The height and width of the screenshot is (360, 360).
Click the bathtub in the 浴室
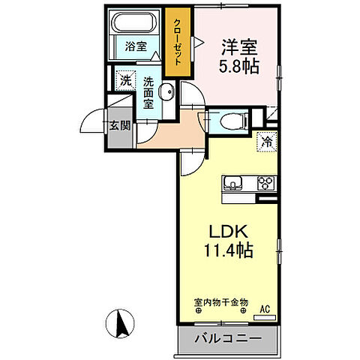pyautogui.click(x=135, y=22)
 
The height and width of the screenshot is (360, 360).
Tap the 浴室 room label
pyautogui.click(x=136, y=46)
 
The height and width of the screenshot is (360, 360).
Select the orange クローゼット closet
pyautogui.click(x=178, y=42)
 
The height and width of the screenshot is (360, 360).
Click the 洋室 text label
pyautogui.click(x=239, y=47)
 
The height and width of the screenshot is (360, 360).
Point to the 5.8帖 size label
pyautogui.click(x=239, y=67)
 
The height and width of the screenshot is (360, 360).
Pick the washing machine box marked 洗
pyautogui.click(x=125, y=81)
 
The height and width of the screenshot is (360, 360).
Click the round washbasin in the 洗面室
pyautogui.click(x=166, y=91)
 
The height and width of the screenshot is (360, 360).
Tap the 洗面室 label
pyautogui.click(x=148, y=93)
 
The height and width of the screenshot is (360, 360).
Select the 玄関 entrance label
pyautogui.click(x=120, y=126)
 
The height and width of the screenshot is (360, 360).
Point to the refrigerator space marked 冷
pyautogui.click(x=267, y=142)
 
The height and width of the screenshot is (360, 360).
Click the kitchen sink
pyautogui.click(x=233, y=184)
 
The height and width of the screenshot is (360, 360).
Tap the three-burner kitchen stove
pyautogui.click(x=266, y=184)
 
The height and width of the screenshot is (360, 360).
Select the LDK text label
pyautogui.click(x=228, y=232)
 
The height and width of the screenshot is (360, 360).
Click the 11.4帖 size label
pyautogui.click(x=229, y=250)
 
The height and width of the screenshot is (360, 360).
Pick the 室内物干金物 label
pyautogui.click(x=221, y=302)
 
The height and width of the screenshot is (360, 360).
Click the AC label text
pyautogui.click(x=265, y=309)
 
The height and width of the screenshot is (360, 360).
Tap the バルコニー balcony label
pyautogui.click(x=228, y=339)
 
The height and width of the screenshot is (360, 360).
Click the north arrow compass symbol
pyautogui.click(x=120, y=324)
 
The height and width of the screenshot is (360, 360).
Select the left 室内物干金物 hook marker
pyautogui.click(x=199, y=311)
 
